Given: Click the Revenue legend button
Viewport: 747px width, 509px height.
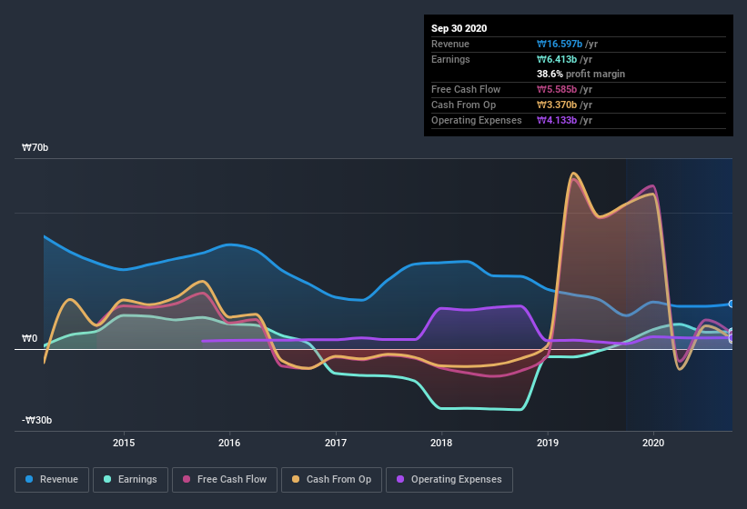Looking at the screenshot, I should pyautogui.click(x=52, y=479).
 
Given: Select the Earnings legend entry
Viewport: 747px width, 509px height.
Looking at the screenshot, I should pyautogui.click(x=130, y=479).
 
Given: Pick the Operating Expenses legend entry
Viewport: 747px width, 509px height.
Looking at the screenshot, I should pyautogui.click(x=449, y=479).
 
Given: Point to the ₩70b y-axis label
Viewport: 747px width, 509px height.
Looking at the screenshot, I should pyautogui.click(x=37, y=147).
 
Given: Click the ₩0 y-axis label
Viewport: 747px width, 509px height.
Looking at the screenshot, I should pyautogui.click(x=30, y=339).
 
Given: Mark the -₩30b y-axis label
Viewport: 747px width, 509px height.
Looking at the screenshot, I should pyautogui.click(x=37, y=420).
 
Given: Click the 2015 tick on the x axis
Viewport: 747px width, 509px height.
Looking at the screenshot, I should pyautogui.click(x=124, y=444).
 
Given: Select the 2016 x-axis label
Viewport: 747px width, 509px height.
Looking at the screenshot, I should pyautogui.click(x=229, y=444).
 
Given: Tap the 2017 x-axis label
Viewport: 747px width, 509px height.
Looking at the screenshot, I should pyautogui.click(x=336, y=444).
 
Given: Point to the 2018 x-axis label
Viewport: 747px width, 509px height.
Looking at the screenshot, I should pyautogui.click(x=441, y=444).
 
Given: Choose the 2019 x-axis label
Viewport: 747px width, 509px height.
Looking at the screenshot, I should pyautogui.click(x=548, y=444).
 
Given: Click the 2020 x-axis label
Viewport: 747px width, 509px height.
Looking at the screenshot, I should pyautogui.click(x=653, y=444).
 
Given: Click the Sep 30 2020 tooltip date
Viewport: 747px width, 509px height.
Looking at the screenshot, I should pyautogui.click(x=459, y=28).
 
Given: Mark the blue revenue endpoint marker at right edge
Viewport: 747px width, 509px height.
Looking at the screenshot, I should pyautogui.click(x=732, y=304).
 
